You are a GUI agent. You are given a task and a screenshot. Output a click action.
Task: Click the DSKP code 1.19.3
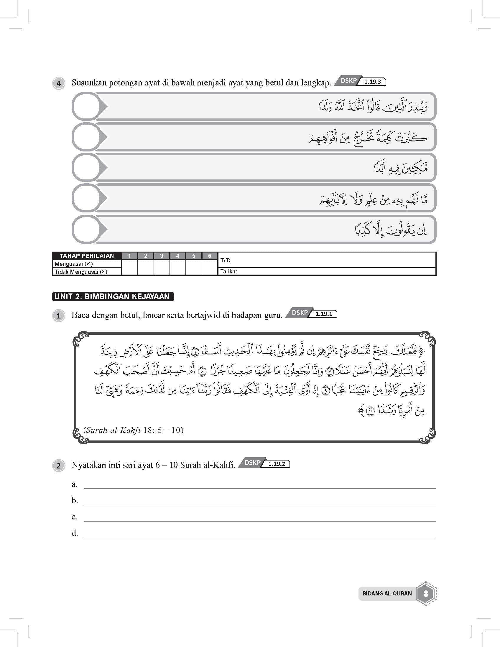[x=373, y=82]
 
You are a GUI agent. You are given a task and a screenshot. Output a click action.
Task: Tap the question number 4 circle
[x=59, y=83]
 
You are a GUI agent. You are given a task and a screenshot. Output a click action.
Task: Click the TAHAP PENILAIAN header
[x=87, y=256]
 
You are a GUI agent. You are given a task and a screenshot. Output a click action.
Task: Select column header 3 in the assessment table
[x=162, y=256]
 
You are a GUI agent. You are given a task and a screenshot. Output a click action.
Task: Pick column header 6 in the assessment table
[x=210, y=256]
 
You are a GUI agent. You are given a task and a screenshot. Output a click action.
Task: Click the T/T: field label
[x=225, y=260]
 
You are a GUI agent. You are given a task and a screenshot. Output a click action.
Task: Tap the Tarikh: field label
[x=228, y=271]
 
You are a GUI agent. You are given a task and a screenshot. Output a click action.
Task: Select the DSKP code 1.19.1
[x=324, y=314]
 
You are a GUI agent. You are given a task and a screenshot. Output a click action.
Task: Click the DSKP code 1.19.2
[x=276, y=464]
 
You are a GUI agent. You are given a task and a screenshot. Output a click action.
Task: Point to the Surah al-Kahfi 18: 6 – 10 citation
[x=134, y=430]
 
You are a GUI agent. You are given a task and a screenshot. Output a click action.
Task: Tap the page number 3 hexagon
[x=426, y=593]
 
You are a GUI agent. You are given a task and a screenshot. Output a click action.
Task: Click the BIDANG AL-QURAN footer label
[x=387, y=593]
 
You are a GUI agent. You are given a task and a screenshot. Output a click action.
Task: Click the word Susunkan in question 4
[x=89, y=83]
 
